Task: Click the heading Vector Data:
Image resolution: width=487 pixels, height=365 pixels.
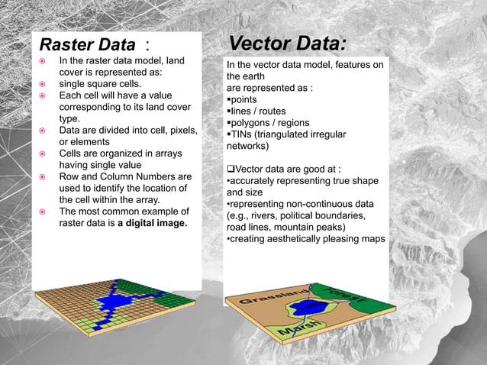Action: tap(288, 43)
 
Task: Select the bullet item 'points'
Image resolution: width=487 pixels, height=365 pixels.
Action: tap(243, 100)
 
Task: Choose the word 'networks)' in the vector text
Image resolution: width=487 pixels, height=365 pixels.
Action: tap(250, 146)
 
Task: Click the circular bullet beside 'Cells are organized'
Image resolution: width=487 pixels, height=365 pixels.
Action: tap(44, 153)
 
